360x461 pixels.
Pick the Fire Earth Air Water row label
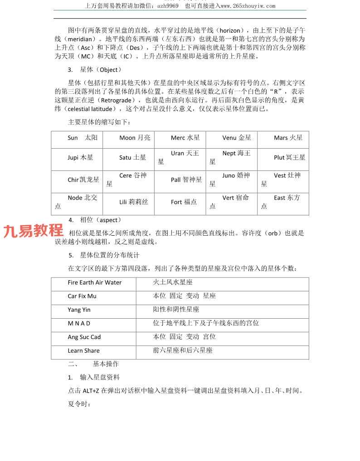pos(95,282)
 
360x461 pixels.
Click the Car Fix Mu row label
pos(82,296)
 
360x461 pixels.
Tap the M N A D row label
pos(79,323)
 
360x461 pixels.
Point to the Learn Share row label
pos(83,350)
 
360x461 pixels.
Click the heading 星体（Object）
pos(101,70)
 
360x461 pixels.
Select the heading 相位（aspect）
pos(101,220)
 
